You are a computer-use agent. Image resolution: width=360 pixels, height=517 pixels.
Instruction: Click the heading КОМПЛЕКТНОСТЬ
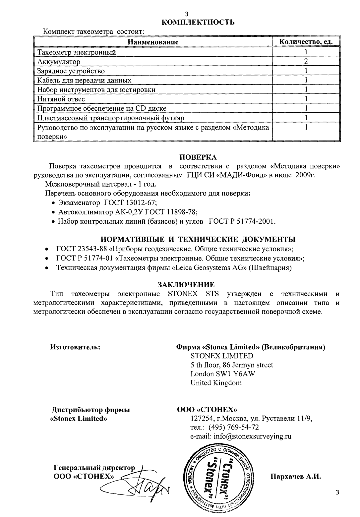coord(198,23)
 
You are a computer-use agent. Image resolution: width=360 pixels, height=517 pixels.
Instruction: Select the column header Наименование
coord(153,42)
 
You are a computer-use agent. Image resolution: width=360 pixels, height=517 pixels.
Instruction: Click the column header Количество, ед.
coord(305,42)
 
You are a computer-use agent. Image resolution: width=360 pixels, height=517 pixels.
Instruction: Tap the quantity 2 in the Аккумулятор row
coord(306,61)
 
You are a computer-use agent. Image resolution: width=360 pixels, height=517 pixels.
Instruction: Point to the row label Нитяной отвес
coord(61,99)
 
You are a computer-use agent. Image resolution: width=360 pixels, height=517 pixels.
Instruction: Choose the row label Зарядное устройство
coord(71,71)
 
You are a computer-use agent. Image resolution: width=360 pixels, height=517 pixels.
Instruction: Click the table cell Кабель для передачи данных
coord(84,80)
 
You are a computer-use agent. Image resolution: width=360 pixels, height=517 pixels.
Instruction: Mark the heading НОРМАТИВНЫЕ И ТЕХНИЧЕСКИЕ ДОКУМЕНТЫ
coord(198,239)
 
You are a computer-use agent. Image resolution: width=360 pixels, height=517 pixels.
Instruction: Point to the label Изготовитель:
coord(75,347)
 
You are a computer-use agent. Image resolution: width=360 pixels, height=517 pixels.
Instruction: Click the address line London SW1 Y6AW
coord(223,374)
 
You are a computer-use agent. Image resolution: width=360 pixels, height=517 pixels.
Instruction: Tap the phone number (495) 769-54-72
coord(233,428)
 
